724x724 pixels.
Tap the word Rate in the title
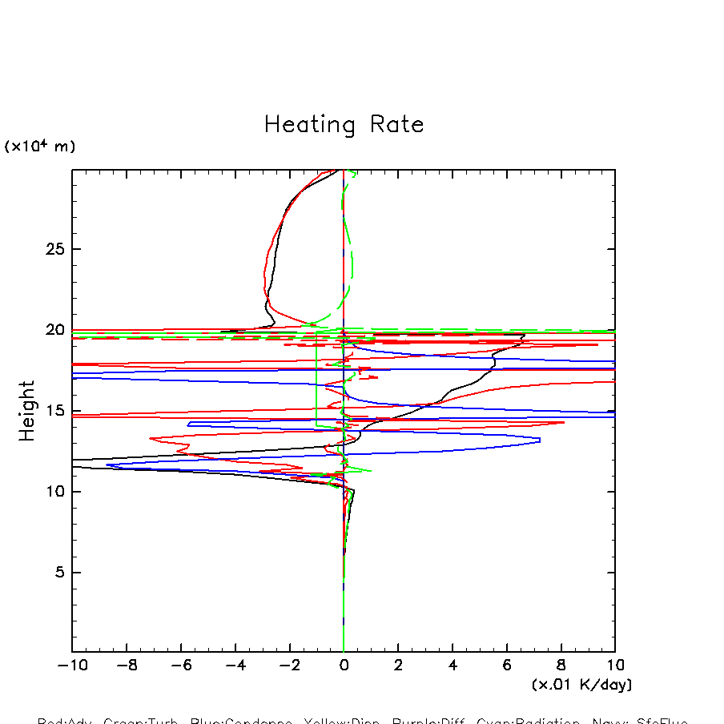pos(396,125)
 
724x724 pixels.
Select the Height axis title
pos(28,411)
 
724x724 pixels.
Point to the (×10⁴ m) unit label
pos(40,147)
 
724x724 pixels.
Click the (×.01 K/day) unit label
pos(581,685)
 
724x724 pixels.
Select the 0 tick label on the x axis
pos(344,666)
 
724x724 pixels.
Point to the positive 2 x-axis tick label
pos(398,666)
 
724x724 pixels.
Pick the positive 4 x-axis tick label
pos(452,666)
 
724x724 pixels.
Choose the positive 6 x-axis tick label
pos(507,666)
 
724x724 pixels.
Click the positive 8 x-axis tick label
pos(561,666)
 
